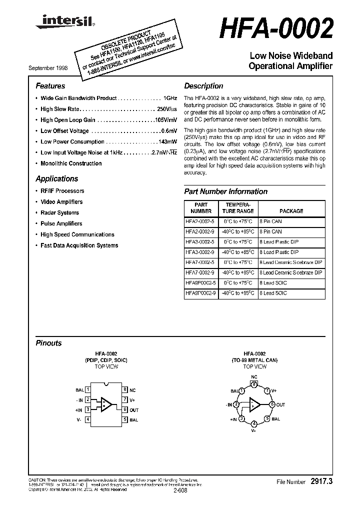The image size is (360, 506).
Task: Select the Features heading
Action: coord(50,86)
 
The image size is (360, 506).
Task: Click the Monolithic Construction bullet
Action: coord(71,163)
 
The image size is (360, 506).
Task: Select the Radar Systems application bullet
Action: coord(59,212)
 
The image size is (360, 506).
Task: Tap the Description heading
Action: coord(203,86)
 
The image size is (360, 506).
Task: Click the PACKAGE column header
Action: coord(291,211)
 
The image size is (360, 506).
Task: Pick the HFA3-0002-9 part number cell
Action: coord(200,252)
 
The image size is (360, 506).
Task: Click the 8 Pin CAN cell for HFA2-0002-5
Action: coord(270,221)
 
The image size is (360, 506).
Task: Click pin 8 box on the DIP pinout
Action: coord(125,389)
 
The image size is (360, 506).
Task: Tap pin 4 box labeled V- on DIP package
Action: coord(88,420)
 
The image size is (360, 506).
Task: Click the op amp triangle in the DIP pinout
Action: coord(106,404)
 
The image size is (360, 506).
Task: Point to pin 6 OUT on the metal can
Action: coord(272,404)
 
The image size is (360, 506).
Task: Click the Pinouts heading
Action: coord(48,343)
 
